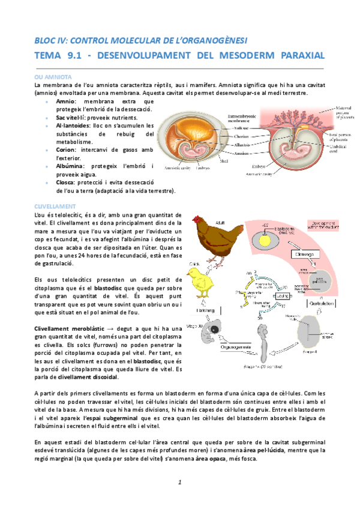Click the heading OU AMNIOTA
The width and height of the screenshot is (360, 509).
click(x=53, y=77)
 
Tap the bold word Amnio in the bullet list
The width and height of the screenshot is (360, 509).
click(x=66, y=101)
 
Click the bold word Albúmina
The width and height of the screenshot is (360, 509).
click(x=70, y=165)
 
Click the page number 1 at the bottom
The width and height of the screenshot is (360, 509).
click(x=179, y=483)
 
